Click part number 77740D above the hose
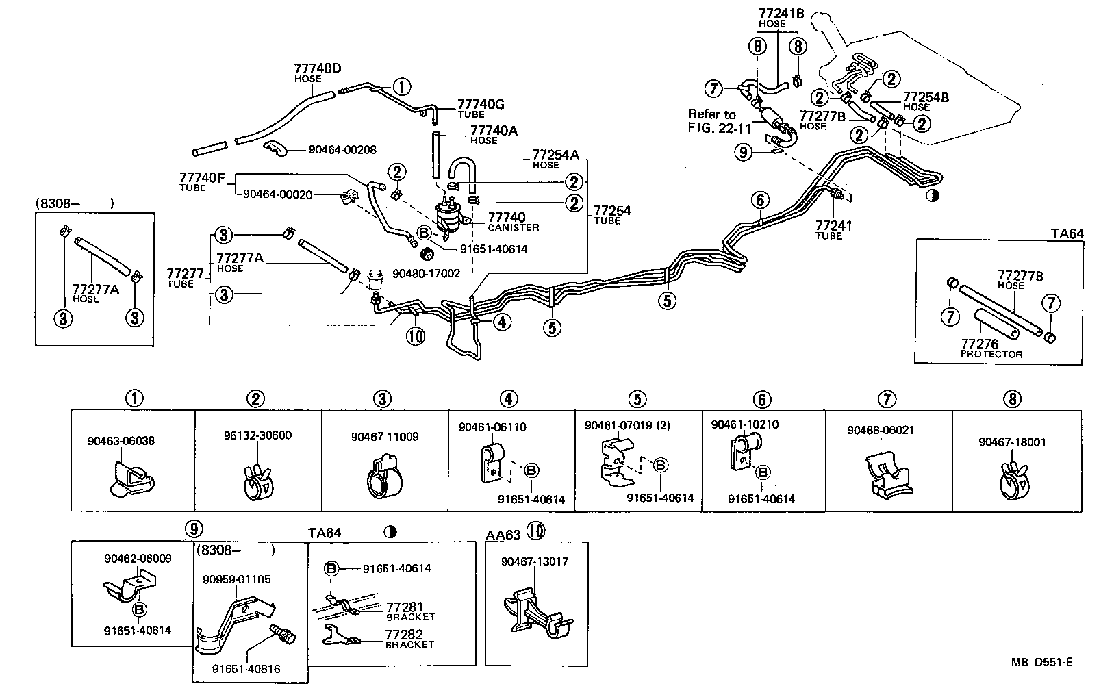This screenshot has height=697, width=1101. click(x=318, y=68)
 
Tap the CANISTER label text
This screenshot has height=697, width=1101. click(x=514, y=227)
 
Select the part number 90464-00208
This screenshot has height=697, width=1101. click(x=342, y=150)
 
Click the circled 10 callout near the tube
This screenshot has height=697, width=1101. click(x=416, y=336)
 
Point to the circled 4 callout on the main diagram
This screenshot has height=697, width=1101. click(x=502, y=321)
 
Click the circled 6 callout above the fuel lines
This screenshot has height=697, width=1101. click(x=760, y=200)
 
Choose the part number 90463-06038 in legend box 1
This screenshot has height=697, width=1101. click(x=121, y=441)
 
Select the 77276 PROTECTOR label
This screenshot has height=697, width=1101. click(x=991, y=348)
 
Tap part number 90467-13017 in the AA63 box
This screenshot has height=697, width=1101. click(x=534, y=561)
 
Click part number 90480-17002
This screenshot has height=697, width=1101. click(x=426, y=273)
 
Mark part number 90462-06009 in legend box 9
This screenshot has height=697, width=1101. click(x=138, y=558)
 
